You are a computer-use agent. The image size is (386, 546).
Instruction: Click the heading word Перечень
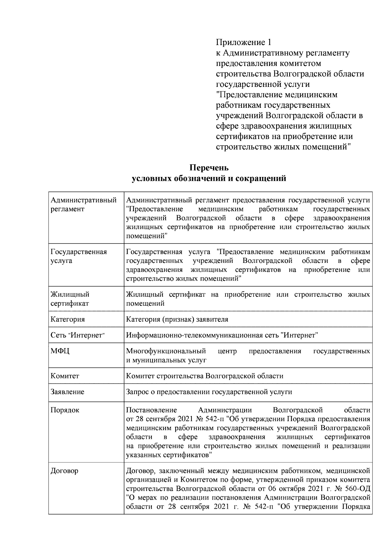(209, 168)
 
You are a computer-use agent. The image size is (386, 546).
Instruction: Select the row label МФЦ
(60, 351)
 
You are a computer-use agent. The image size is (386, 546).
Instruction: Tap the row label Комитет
(65, 376)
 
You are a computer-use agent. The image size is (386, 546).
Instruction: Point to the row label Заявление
(68, 392)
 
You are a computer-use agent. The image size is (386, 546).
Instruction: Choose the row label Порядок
(65, 410)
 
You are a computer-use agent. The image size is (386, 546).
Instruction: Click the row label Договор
(64, 471)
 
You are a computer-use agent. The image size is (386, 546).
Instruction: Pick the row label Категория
(68, 319)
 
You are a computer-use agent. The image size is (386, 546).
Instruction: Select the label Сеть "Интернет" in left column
(78, 335)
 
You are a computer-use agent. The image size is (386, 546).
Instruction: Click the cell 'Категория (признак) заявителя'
(177, 319)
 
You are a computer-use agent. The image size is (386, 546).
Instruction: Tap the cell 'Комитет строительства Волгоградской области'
(205, 376)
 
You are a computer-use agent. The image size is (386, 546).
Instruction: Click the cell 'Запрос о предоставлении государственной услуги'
(209, 392)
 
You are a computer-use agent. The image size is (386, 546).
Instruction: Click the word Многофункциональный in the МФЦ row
(166, 351)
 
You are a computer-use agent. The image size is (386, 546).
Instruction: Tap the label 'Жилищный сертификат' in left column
(70, 299)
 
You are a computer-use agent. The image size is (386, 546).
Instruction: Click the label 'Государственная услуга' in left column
(79, 256)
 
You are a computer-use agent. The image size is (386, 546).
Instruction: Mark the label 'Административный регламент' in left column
(84, 204)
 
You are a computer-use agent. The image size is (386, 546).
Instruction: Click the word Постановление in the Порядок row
(152, 410)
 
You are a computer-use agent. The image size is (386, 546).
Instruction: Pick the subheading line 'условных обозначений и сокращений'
(209, 178)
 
